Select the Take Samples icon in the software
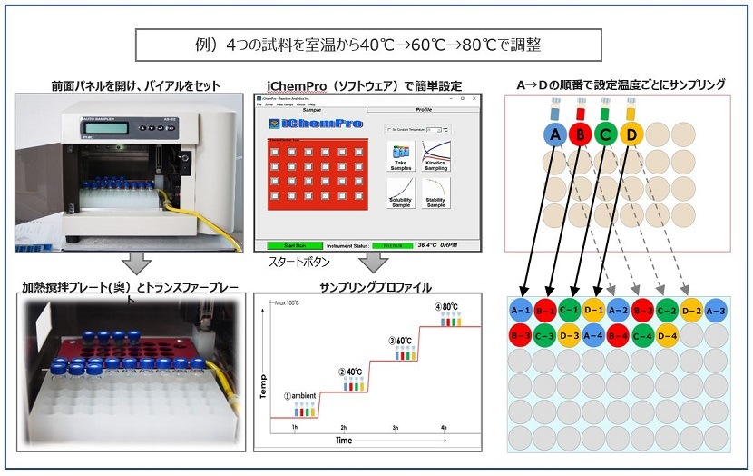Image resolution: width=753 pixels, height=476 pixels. pyautogui.click(x=400, y=156)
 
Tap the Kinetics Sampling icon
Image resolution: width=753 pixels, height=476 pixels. pyautogui.click(x=436, y=156)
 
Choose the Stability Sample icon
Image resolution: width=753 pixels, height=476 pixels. pyautogui.click(x=436, y=193)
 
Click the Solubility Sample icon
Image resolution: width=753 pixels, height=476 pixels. pyautogui.click(x=400, y=193)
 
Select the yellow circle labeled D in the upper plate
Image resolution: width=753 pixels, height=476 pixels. pyautogui.click(x=632, y=136)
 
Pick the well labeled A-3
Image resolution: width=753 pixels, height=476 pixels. pyautogui.click(x=715, y=311)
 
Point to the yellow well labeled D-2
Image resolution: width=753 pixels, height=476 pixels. pyautogui.click(x=690, y=311)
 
